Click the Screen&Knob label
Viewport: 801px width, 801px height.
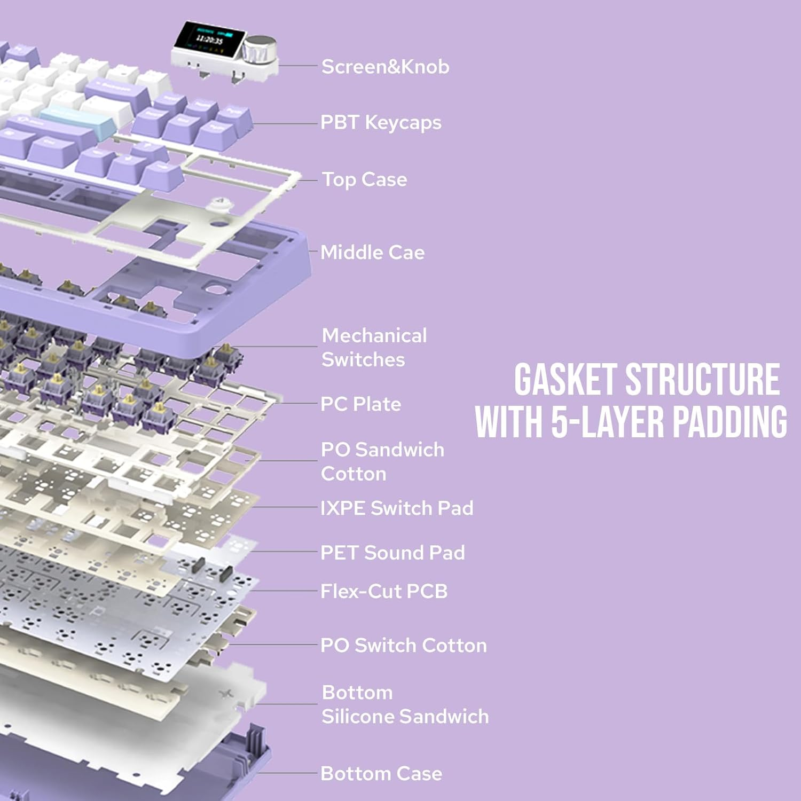pyautogui.click(x=385, y=67)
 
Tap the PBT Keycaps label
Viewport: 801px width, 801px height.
pyautogui.click(x=381, y=123)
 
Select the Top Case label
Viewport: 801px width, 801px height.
pyautogui.click(x=364, y=179)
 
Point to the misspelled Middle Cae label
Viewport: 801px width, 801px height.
pyautogui.click(x=372, y=252)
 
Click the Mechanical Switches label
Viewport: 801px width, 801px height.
pyautogui.click(x=374, y=347)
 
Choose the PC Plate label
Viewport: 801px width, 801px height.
pyautogui.click(x=360, y=404)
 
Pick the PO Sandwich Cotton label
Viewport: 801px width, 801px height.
pyautogui.click(x=382, y=461)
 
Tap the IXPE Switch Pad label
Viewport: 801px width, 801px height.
pyautogui.click(x=397, y=508)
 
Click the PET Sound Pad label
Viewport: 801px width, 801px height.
pyautogui.click(x=392, y=552)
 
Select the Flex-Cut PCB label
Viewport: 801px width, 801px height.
pyautogui.click(x=383, y=591)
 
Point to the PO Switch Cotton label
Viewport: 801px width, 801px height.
pyautogui.click(x=403, y=645)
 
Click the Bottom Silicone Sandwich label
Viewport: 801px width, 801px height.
pyautogui.click(x=405, y=704)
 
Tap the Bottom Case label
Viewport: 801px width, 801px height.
pyautogui.click(x=381, y=773)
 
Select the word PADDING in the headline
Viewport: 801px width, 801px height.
pyautogui.click(x=729, y=422)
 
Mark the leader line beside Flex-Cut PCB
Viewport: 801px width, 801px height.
pyautogui.click(x=283, y=591)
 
